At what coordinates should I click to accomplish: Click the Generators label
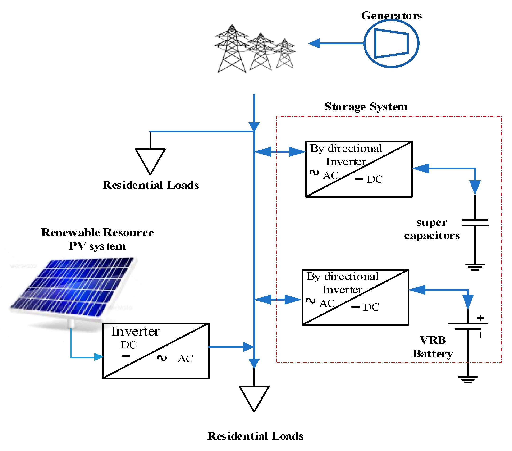click(x=391, y=16)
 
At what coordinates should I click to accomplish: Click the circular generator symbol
click(x=391, y=44)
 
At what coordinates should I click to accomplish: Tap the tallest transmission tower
click(x=232, y=49)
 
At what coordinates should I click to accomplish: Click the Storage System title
click(x=366, y=107)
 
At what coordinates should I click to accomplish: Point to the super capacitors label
click(x=432, y=229)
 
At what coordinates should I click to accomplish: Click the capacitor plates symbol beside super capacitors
click(x=475, y=222)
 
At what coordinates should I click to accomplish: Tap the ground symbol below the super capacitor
click(x=475, y=267)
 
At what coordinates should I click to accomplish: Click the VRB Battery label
click(x=433, y=347)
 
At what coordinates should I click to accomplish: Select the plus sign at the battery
click(x=480, y=318)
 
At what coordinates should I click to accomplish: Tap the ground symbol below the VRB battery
click(x=468, y=379)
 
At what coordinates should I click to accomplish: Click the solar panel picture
click(x=73, y=288)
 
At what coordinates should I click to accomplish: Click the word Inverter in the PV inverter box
click(x=135, y=332)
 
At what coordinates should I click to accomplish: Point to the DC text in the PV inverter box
click(x=129, y=345)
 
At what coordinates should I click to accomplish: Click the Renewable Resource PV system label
click(x=97, y=239)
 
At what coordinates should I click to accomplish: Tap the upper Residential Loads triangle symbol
click(x=150, y=160)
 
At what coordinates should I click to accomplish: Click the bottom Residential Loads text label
click(x=255, y=436)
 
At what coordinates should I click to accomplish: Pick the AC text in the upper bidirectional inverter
click(x=331, y=176)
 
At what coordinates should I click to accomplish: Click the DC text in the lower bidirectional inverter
click(x=371, y=307)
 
